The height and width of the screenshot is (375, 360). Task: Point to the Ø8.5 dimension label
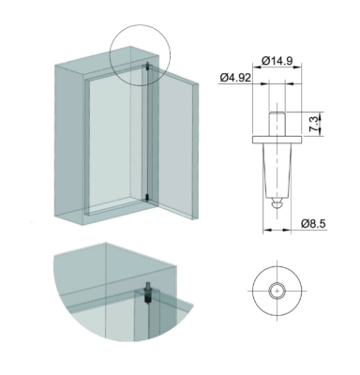tap(314, 222)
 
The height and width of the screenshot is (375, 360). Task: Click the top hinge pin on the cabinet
tap(148, 67)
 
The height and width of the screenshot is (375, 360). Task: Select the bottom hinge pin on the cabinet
tap(148, 198)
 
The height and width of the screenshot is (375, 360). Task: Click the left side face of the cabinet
tap(66, 141)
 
